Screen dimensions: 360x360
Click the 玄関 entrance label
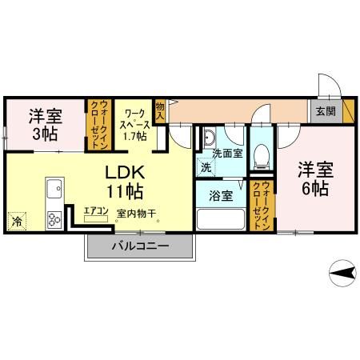pos(325,111)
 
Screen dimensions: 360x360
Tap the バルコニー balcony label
pos(139,246)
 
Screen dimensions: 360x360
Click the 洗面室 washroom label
pos(227,154)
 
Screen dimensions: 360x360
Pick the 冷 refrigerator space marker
pos(16,218)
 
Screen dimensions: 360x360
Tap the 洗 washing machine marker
pos(206,168)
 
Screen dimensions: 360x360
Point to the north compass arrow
pos(342,274)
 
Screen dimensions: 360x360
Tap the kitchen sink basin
pos(55,189)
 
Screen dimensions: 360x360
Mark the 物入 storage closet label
pos(160,111)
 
